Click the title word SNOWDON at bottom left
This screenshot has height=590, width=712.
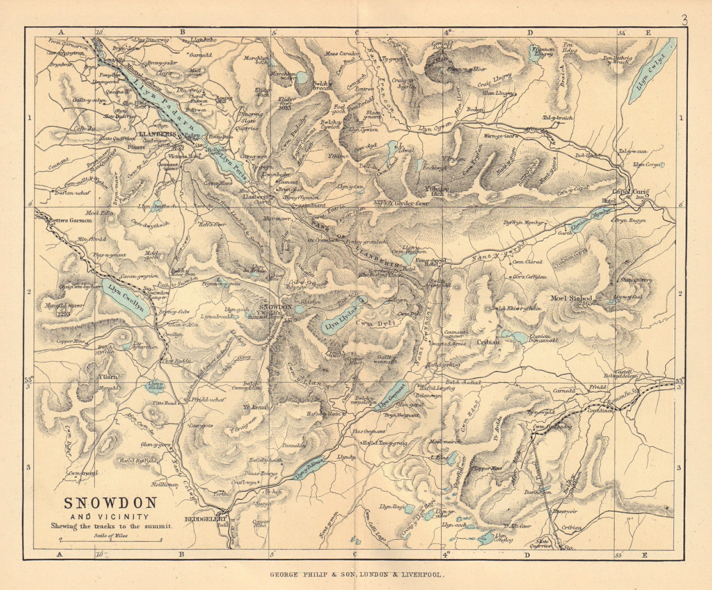[x=110, y=503]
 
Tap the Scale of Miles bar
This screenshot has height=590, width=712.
[x=111, y=541]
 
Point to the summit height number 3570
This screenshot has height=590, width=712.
[x=290, y=320]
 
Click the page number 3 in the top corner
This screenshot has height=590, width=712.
[x=684, y=21]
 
